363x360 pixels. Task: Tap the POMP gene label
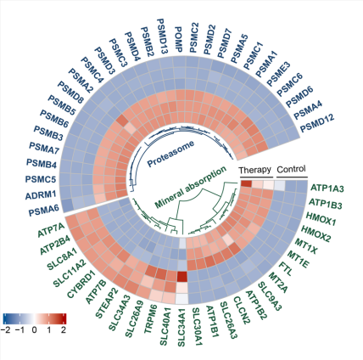click(178, 40)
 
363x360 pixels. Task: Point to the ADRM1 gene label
click(41, 195)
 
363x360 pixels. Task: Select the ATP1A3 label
click(327, 188)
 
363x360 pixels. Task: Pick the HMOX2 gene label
click(316, 233)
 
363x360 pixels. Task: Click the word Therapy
click(254, 170)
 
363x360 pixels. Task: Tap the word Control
click(291, 169)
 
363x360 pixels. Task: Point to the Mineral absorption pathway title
click(191, 187)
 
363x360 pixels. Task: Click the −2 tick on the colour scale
click(6, 329)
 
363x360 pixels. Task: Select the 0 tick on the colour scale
click(35, 329)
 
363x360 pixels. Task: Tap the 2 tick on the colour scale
click(64, 329)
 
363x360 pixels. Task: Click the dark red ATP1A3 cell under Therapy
click(246, 183)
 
